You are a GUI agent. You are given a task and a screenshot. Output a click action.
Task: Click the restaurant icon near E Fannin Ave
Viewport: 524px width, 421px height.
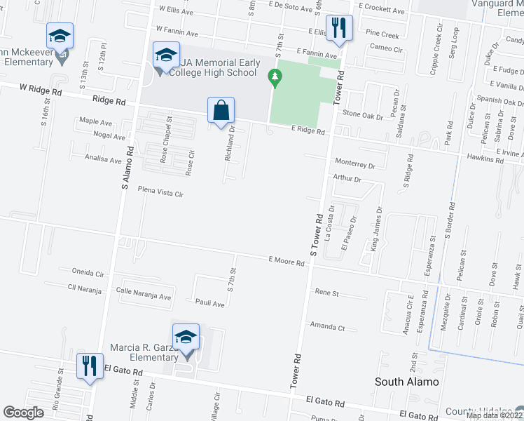[339, 29]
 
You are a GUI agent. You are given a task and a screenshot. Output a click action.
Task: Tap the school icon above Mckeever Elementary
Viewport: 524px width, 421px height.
[60, 36]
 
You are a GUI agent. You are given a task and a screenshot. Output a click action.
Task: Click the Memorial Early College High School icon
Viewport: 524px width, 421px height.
[166, 55]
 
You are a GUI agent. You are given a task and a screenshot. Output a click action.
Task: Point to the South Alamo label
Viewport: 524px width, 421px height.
[407, 382]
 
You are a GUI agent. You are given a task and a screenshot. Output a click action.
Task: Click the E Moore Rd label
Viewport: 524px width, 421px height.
[286, 261]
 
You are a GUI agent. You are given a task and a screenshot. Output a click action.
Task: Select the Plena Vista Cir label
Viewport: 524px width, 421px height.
[160, 191]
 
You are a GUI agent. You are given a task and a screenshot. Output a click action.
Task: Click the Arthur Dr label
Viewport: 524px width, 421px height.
[347, 179]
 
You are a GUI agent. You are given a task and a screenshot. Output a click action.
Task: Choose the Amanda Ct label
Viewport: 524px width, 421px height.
[328, 327]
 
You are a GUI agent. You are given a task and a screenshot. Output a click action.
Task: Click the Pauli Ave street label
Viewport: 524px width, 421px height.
[209, 304]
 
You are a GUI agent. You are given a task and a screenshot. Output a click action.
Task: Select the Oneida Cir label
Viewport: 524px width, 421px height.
[88, 272]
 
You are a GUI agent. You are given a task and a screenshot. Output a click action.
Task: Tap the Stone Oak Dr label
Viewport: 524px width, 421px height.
[362, 114]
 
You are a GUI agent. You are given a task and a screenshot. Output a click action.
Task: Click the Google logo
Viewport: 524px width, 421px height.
[24, 413]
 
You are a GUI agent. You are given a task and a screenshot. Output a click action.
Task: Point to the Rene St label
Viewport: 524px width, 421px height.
[326, 292]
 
